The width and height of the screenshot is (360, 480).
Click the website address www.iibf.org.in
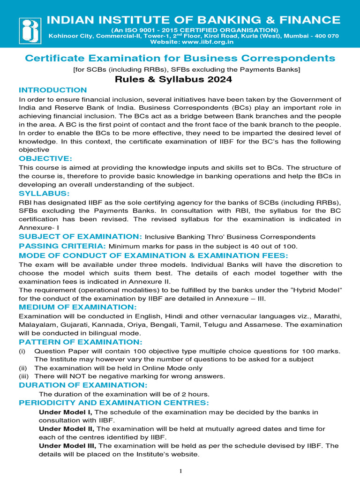click(207, 42)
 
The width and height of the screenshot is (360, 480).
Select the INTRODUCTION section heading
click(52, 90)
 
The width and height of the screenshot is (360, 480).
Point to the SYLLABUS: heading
click(44, 193)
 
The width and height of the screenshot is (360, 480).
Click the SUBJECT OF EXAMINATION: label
click(80, 237)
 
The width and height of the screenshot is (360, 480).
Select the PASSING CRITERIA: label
click(62, 246)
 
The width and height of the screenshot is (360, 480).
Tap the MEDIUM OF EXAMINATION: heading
click(77, 307)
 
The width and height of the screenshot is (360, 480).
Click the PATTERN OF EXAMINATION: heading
click(80, 342)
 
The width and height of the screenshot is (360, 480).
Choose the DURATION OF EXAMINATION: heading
click(83, 385)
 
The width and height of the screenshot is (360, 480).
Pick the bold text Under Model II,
click(67, 429)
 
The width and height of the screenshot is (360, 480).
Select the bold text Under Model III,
click(67, 446)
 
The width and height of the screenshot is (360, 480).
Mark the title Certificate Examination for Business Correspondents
click(180, 58)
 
